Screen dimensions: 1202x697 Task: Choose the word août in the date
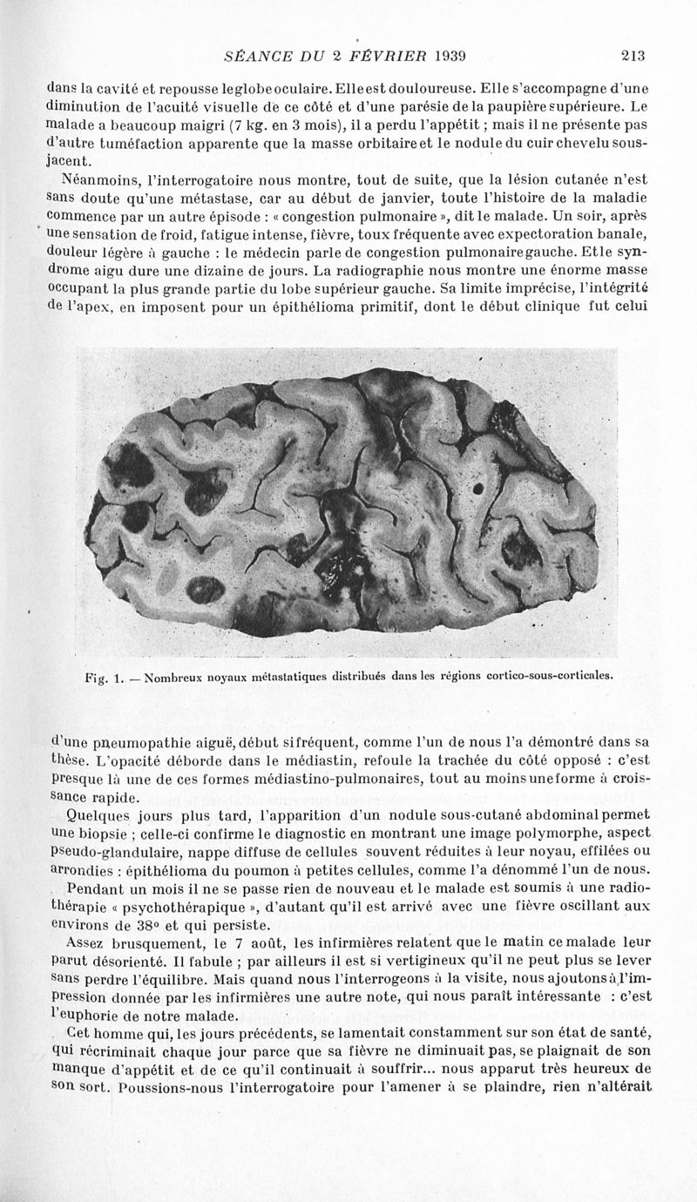click(x=261, y=946)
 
